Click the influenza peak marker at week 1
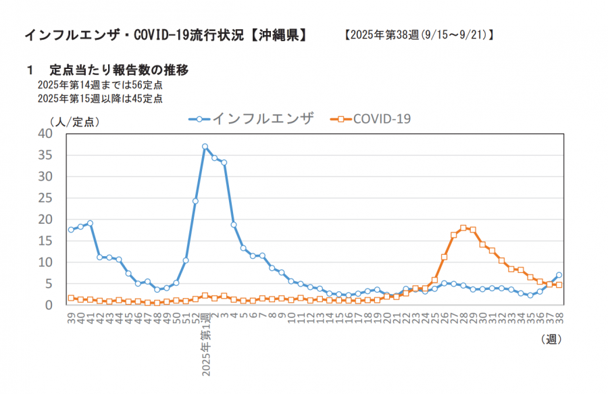(x=205, y=147)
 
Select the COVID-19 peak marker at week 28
(x=463, y=228)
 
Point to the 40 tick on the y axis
(x=45, y=134)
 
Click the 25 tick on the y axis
(x=45, y=198)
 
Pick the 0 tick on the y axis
(x=49, y=305)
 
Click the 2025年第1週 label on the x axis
(x=205, y=345)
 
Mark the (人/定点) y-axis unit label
(x=74, y=122)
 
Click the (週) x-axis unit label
(x=551, y=339)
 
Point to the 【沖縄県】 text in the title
(x=278, y=34)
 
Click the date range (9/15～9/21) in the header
(x=455, y=34)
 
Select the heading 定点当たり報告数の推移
(x=118, y=70)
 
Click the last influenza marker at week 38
(x=559, y=275)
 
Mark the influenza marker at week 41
(x=90, y=223)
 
